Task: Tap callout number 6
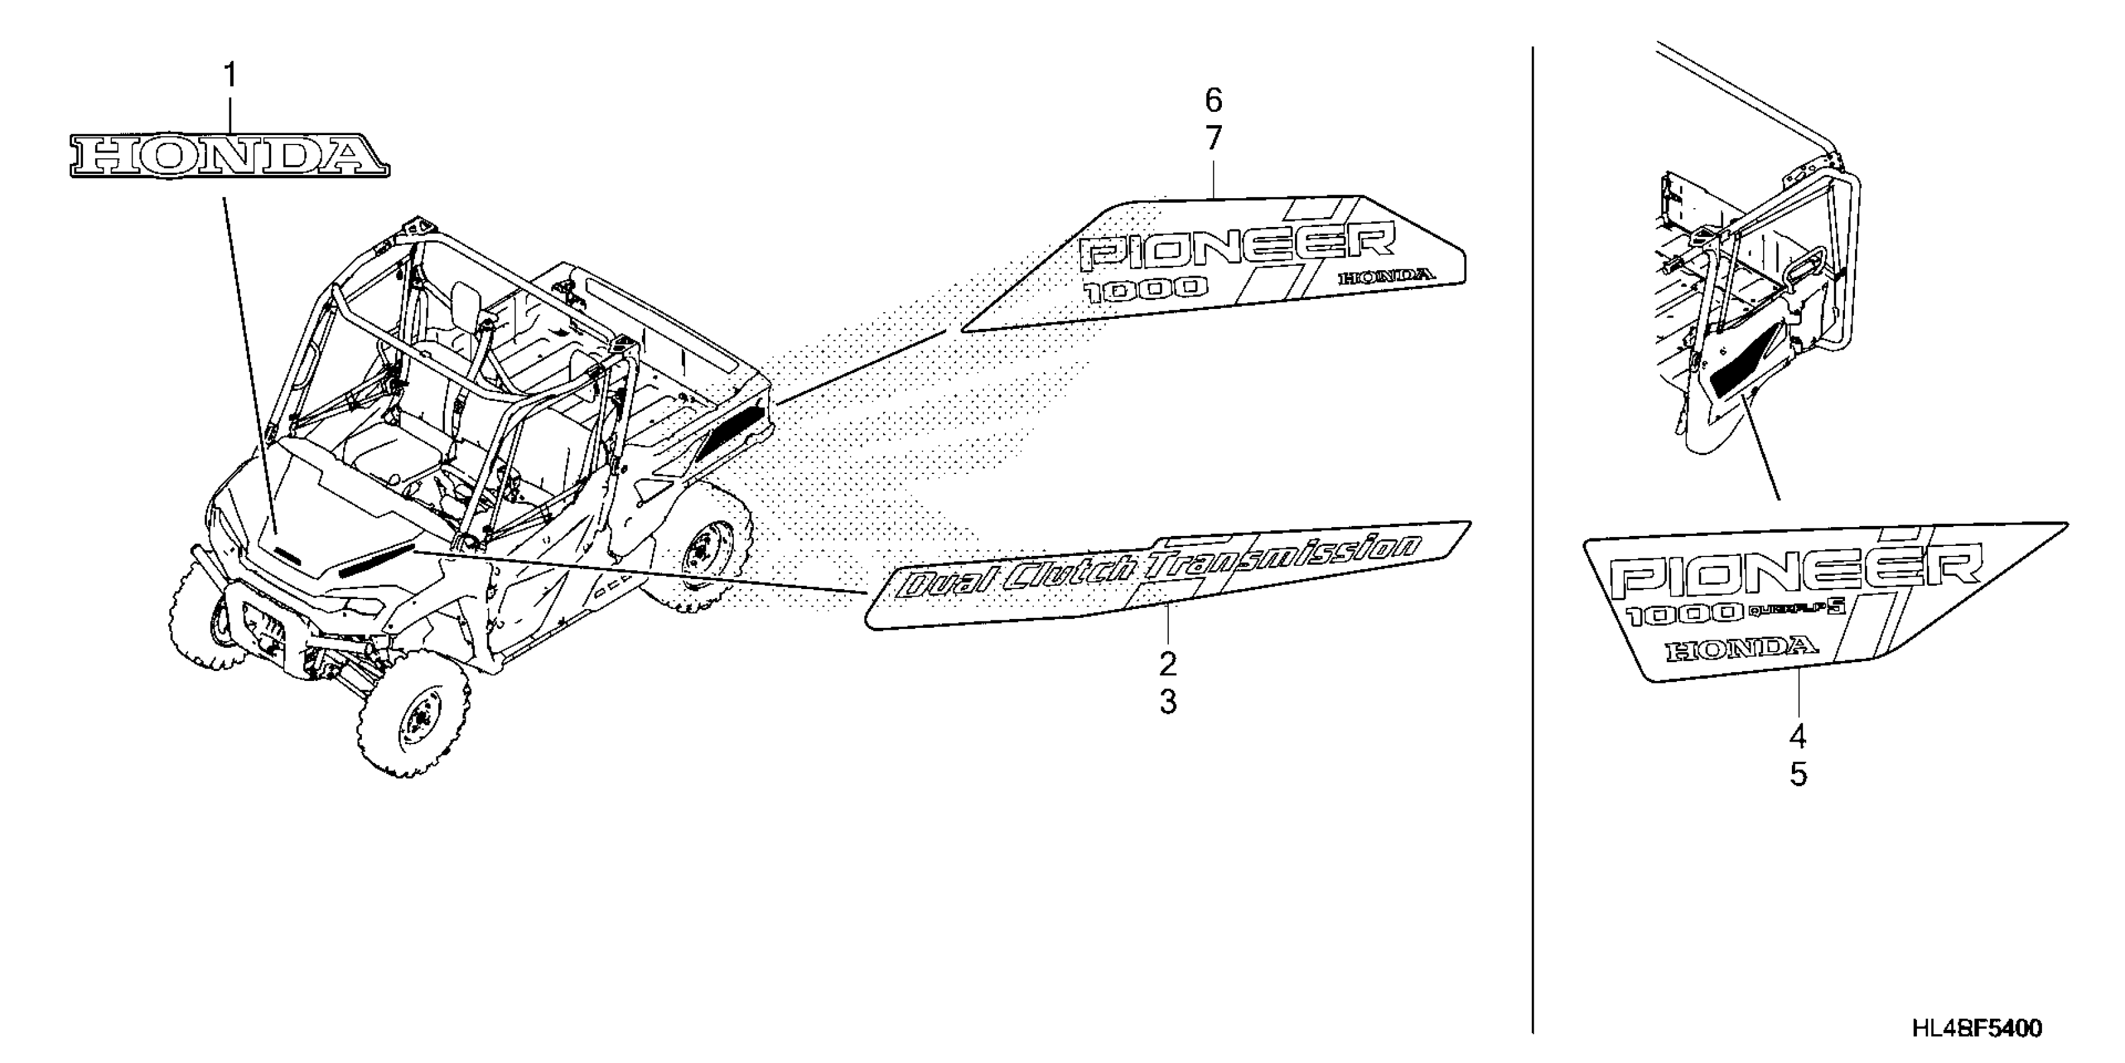1212,101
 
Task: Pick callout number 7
1212,139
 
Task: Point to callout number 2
1167,663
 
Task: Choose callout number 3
1167,702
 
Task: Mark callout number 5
1797,774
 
